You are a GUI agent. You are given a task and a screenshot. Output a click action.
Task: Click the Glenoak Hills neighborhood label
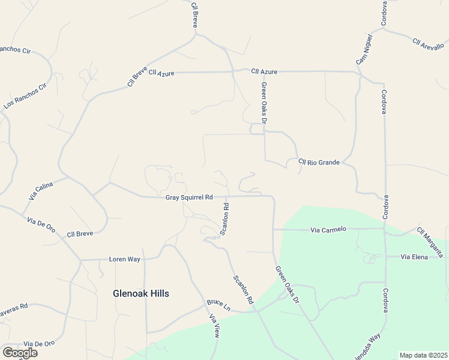coord(141,293)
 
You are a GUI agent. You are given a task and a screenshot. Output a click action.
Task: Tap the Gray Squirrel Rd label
coord(189,197)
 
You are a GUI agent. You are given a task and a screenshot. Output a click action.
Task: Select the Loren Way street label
coord(124,259)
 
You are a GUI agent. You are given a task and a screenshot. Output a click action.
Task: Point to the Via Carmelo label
coord(328,229)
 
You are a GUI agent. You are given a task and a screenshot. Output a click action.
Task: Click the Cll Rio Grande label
coord(319,162)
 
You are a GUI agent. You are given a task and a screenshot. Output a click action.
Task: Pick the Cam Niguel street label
coord(364,50)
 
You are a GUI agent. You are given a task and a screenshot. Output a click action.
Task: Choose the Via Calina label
coord(41,191)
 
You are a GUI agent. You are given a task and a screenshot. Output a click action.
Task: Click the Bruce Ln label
coord(218,305)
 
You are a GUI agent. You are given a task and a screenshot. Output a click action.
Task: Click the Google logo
coord(20,353)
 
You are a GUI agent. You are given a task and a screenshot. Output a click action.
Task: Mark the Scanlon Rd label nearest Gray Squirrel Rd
coord(225,219)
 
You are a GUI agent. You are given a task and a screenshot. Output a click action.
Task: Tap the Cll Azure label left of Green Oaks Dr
coord(161,73)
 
